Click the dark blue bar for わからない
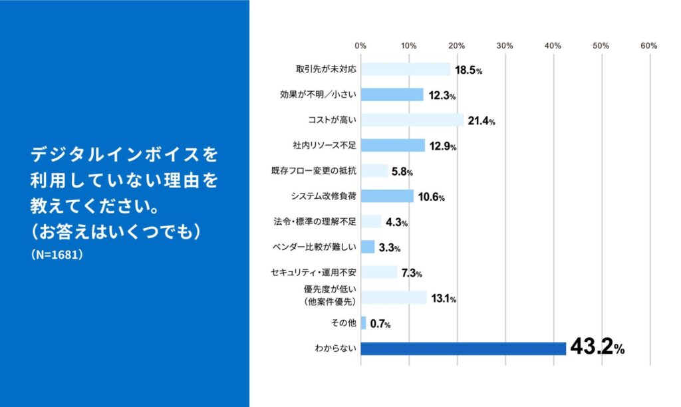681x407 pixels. pyautogui.click(x=463, y=348)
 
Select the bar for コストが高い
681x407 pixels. pyautogui.click(x=412, y=120)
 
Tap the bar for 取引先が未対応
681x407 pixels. pyautogui.click(x=405, y=69)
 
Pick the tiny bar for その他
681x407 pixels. pyautogui.click(x=363, y=323)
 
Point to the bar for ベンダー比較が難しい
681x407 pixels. pyautogui.click(x=368, y=247)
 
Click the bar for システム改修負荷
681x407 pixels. pyautogui.click(x=386, y=196)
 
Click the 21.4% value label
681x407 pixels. pyautogui.click(x=481, y=121)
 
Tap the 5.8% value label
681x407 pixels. pyautogui.click(x=402, y=172)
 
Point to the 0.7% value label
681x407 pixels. pyautogui.click(x=380, y=324)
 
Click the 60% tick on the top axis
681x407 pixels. pyautogui.click(x=649, y=46)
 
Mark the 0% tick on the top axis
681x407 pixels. pyautogui.click(x=360, y=46)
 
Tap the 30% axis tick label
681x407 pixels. pyautogui.click(x=505, y=46)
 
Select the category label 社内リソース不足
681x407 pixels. pyautogui.click(x=321, y=146)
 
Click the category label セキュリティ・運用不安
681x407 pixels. pyautogui.click(x=314, y=272)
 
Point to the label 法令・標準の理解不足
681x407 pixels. pyautogui.click(x=317, y=221)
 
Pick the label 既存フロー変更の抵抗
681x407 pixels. pyautogui.click(x=317, y=171)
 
